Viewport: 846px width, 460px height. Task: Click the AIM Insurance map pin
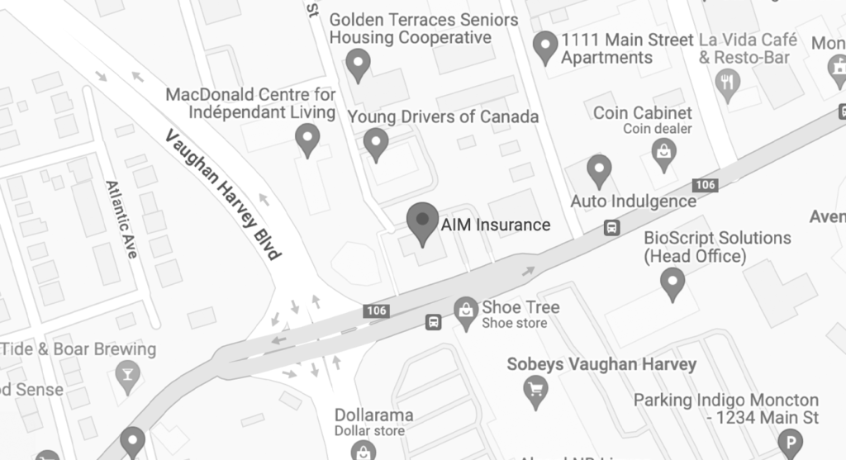pyautogui.click(x=423, y=221)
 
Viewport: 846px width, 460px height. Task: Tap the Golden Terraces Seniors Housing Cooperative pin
pyautogui.click(x=358, y=63)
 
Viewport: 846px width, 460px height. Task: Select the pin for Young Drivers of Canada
pyautogui.click(x=377, y=142)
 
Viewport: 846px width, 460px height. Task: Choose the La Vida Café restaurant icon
pyautogui.click(x=728, y=83)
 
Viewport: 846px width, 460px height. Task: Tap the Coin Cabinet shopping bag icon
pyautogui.click(x=663, y=152)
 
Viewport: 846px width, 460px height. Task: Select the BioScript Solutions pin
pyautogui.click(x=673, y=282)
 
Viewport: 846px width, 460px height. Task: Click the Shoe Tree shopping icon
pyautogui.click(x=467, y=312)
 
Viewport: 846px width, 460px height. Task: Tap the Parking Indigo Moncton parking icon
pyautogui.click(x=791, y=443)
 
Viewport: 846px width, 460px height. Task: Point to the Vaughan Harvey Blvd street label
pyautogui.click(x=222, y=195)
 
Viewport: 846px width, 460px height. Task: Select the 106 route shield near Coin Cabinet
pyautogui.click(x=705, y=185)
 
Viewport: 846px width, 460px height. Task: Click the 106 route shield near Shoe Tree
pyautogui.click(x=376, y=311)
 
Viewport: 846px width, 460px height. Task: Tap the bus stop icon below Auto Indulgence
pyautogui.click(x=611, y=227)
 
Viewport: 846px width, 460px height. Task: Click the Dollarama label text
pyautogui.click(x=373, y=415)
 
